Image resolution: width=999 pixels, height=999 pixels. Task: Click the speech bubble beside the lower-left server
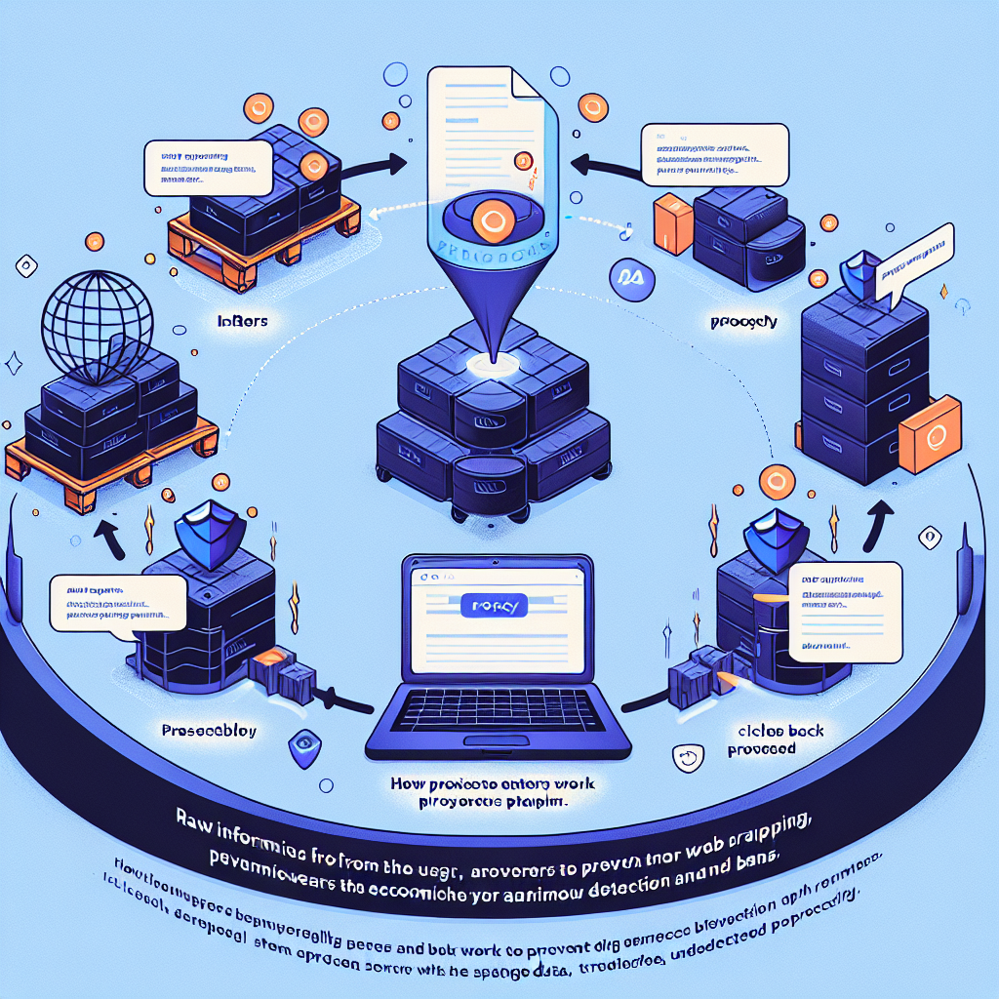[116, 606]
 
